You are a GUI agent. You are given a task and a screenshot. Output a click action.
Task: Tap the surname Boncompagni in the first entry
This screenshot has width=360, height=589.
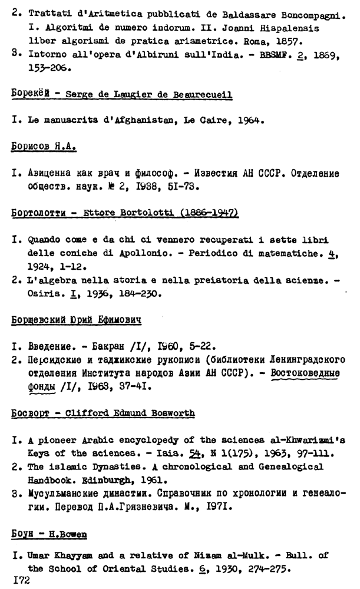[311, 14]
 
